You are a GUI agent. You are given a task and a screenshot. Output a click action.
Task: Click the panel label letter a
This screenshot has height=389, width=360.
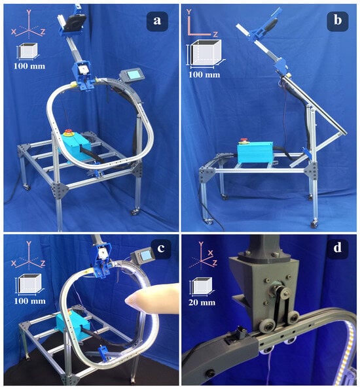tap(157, 20)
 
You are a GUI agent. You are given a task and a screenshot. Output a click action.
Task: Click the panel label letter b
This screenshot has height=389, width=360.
tap(337, 20)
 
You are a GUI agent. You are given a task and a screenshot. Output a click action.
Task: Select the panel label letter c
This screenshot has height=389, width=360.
tap(161, 248)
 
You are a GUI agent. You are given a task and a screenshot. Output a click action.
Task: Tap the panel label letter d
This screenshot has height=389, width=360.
tap(337, 247)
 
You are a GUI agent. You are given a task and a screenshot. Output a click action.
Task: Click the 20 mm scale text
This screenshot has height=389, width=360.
tap(202, 303)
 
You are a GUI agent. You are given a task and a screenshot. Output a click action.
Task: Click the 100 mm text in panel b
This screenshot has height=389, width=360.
tap(204, 74)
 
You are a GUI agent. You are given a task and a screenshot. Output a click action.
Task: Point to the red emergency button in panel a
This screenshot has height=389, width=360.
tap(67, 132)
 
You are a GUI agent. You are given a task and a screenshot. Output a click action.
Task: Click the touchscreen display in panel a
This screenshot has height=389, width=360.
tap(131, 74)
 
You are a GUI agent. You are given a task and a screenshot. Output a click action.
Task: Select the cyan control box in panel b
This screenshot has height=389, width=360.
tap(255, 152)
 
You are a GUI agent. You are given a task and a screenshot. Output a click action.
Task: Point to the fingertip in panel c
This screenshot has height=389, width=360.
tap(129, 301)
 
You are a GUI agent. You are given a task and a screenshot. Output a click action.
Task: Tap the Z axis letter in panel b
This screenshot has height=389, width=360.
tap(215, 34)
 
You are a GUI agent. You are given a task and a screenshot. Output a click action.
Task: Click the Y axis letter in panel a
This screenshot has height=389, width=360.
tap(29, 12)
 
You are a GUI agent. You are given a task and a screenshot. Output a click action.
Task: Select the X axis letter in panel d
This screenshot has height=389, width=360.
tap(211, 253)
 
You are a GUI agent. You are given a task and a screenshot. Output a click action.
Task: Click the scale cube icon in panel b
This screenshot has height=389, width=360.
tap(206, 54)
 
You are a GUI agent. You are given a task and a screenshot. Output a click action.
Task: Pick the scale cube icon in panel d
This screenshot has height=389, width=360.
tap(202, 286)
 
